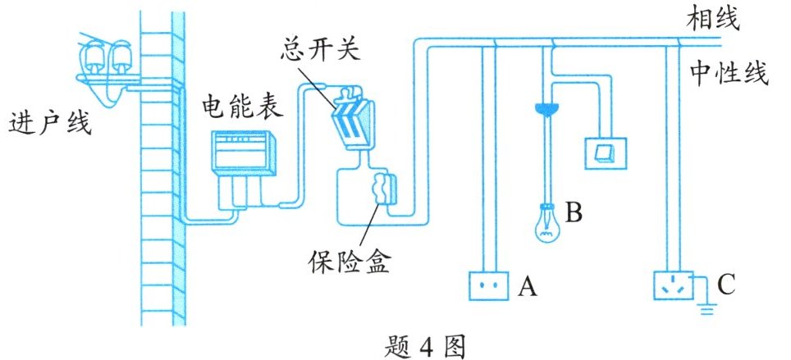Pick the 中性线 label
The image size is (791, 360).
(728, 75)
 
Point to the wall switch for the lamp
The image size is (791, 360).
(607, 153)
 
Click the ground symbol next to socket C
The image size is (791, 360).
(706, 308)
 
